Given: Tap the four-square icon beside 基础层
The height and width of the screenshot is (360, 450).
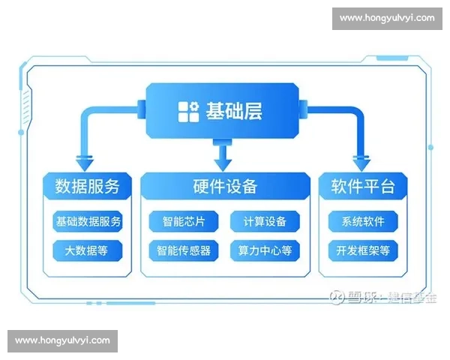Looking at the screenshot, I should point(188,112).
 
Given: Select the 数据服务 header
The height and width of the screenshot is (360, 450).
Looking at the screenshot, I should point(87,186).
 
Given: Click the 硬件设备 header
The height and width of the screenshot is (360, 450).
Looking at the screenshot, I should point(225,186).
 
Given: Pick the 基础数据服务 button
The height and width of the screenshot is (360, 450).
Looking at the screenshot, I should point(88,222).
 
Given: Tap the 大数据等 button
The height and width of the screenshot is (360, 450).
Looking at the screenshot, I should point(88,250).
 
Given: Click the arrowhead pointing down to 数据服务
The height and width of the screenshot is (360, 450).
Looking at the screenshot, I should point(85,163).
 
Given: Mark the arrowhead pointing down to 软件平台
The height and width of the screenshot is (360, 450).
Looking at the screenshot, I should point(360,163).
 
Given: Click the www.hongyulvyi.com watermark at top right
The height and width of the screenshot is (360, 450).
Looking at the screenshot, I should point(386,18).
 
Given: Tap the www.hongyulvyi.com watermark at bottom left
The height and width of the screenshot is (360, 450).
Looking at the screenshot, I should point(62,340).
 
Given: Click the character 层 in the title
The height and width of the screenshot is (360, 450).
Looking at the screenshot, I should point(254,112).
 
